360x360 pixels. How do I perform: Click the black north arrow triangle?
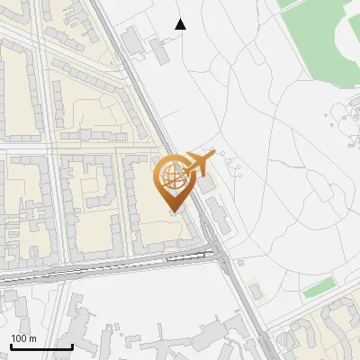[x=181, y=24]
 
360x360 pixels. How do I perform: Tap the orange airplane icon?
[x=199, y=163]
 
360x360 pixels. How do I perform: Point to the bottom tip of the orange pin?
[x=174, y=212]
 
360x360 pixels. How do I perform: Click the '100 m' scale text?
[x=23, y=338]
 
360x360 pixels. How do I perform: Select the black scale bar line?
[x=41, y=346]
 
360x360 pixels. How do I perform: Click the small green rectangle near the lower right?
[x=319, y=289]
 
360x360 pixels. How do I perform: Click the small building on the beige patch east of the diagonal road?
[x=256, y=292]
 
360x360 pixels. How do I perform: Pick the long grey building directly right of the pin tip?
[x=219, y=216]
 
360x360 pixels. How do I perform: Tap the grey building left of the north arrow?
[x=131, y=40]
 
